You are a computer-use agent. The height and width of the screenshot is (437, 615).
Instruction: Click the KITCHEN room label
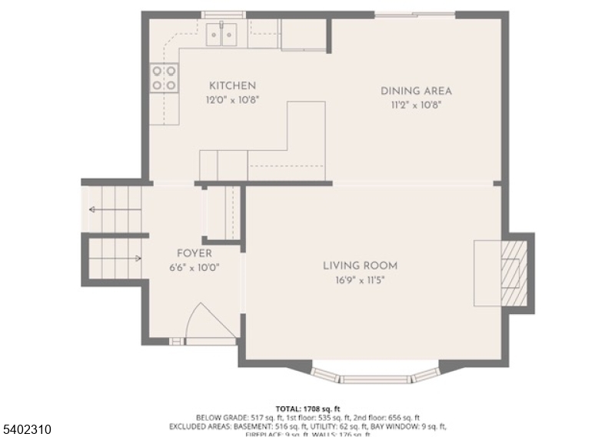[x=232, y=85]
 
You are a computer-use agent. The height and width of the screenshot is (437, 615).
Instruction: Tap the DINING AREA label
[x=416, y=91]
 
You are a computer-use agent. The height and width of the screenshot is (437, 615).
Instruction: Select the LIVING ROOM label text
[x=360, y=266]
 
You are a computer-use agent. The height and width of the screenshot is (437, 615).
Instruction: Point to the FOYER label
[x=194, y=253]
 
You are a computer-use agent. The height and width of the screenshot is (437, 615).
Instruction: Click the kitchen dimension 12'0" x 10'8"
[x=232, y=99]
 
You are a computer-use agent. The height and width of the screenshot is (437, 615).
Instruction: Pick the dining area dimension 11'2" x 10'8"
[x=416, y=105]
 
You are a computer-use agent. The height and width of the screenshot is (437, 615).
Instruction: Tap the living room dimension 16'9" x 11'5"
[x=360, y=280]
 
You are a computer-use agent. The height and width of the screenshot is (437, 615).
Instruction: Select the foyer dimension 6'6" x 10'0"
[x=194, y=267]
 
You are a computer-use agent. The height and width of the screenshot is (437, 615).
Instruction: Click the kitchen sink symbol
[x=222, y=33]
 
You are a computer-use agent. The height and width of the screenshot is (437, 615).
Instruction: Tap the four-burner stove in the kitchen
[x=165, y=77]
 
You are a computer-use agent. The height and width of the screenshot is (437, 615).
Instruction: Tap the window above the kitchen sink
[x=223, y=15]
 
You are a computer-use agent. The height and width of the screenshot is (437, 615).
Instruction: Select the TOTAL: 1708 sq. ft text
[x=307, y=408]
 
